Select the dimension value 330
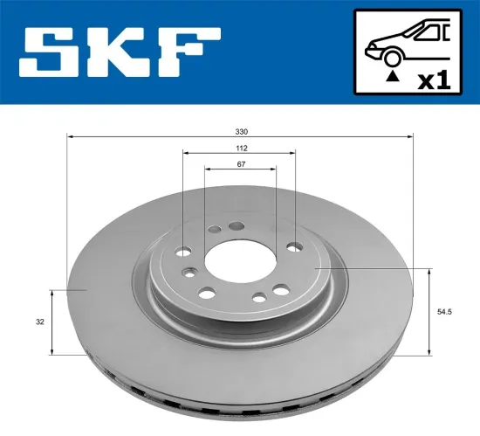240,130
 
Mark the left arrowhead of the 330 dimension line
71,137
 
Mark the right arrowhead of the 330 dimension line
408,137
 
